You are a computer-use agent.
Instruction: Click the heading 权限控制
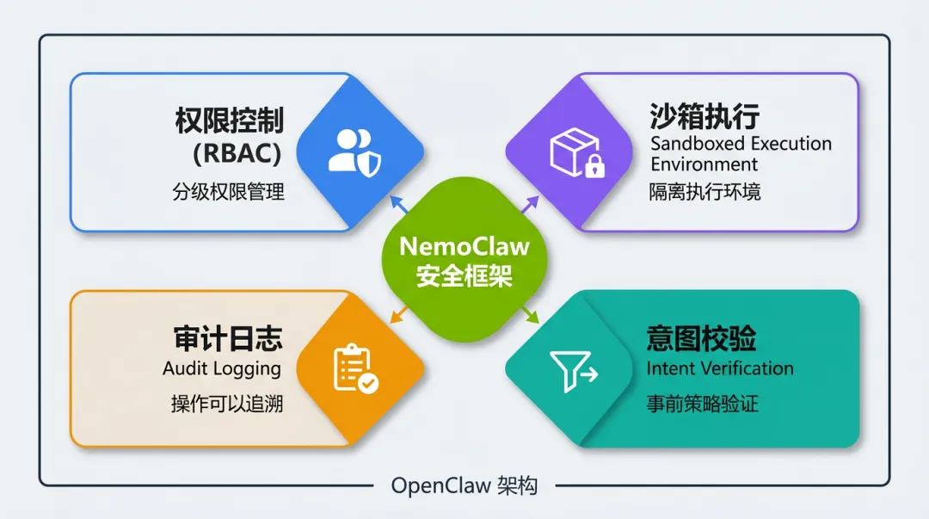(229, 120)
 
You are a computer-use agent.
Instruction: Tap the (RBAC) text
(237, 154)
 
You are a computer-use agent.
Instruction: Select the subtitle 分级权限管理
(228, 191)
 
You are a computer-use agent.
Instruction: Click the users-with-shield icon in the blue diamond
(354, 151)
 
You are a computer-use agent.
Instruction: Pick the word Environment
(704, 164)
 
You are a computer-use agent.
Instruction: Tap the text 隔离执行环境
(704, 192)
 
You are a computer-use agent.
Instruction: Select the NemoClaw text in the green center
(464, 247)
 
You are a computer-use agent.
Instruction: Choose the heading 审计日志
(228, 338)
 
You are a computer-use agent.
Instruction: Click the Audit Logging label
(222, 368)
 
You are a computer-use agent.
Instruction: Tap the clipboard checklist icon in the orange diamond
(354, 368)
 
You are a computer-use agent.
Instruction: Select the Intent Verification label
(720, 368)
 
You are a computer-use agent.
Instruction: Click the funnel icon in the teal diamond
(574, 371)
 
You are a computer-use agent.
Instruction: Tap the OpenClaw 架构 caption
(464, 486)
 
